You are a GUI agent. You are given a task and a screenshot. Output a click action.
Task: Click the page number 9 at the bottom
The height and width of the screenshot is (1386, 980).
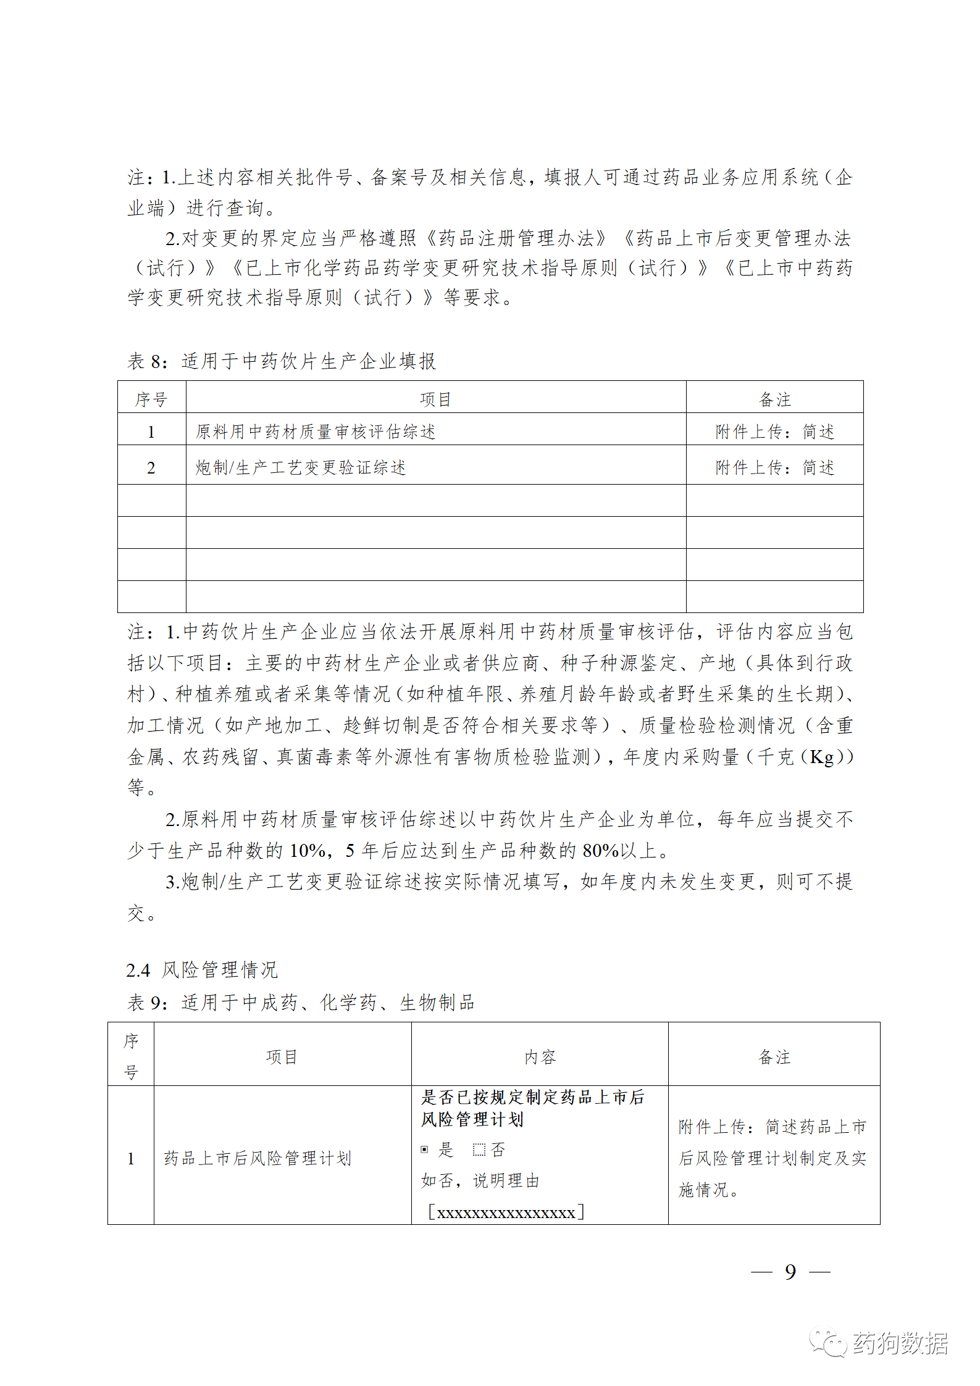(790, 1272)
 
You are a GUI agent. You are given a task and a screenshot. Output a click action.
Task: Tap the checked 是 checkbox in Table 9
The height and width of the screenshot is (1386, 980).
(424, 1150)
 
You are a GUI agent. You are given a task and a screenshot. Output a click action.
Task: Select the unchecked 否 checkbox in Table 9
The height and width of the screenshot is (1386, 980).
(479, 1150)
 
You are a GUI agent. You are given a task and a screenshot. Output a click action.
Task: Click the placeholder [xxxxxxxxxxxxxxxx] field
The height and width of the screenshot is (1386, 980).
(506, 1213)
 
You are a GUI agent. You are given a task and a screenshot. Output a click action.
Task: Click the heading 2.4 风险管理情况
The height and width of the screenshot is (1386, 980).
(202, 971)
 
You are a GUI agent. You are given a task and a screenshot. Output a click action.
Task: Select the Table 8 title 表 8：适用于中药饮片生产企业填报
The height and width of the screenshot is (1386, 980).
(282, 362)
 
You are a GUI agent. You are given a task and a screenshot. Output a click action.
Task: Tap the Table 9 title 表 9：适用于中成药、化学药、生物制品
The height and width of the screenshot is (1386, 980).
(301, 1003)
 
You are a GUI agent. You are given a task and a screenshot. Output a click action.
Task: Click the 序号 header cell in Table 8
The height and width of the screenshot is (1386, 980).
(151, 399)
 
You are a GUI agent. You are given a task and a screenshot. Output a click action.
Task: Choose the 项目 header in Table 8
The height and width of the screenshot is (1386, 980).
(435, 399)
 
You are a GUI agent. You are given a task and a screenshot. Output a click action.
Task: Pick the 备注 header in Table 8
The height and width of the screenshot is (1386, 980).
(774, 399)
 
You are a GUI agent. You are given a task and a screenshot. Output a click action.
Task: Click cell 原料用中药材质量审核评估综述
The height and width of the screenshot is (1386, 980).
(316, 432)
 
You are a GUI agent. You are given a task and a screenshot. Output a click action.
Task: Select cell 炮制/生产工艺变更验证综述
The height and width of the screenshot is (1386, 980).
(301, 468)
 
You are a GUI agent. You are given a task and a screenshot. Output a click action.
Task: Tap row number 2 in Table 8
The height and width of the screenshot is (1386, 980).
(151, 468)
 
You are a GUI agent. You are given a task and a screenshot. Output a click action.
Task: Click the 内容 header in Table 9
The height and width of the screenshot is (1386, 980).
(540, 1058)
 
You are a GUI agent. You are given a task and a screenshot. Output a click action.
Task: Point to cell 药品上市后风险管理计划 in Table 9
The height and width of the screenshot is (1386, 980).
(258, 1158)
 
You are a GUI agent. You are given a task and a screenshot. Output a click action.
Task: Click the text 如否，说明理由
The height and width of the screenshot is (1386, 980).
(480, 1181)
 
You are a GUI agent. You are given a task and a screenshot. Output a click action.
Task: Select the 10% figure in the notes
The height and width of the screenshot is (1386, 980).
(307, 851)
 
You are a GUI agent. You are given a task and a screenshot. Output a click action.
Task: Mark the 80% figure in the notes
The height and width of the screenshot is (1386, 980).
(600, 851)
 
